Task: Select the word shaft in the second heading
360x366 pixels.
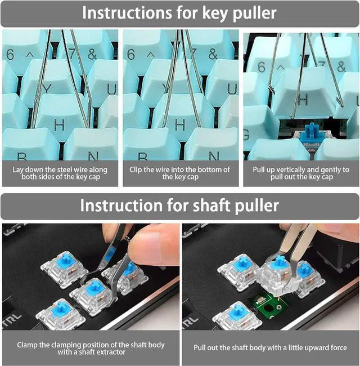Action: click(x=213, y=206)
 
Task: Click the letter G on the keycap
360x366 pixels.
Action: click(x=246, y=135)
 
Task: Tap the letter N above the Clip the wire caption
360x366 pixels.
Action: click(x=214, y=155)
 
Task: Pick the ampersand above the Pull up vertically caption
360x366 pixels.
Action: click(x=341, y=66)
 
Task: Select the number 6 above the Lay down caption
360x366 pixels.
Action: click(x=10, y=55)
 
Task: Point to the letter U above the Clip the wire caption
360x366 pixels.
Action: click(x=232, y=89)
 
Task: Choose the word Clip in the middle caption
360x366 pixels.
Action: click(x=136, y=169)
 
